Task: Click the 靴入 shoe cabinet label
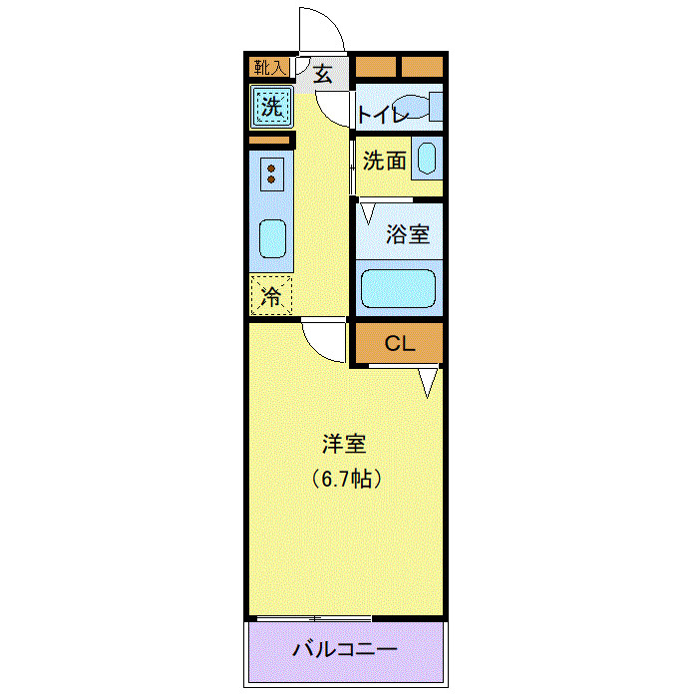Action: point(269,68)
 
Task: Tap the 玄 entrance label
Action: point(324,73)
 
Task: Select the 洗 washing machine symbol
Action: point(270,106)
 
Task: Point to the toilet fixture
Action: point(429,107)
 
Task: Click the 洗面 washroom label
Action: point(384,160)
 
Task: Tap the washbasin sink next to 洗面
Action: point(426,160)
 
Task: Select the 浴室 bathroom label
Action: point(408,235)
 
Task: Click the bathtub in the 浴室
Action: point(398,289)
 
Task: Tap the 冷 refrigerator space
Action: point(270,295)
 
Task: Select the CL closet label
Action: point(399,345)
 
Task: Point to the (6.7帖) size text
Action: point(345,478)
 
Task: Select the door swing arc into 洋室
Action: point(325,342)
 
